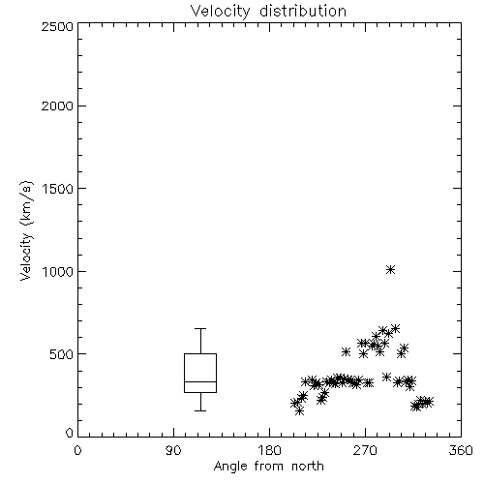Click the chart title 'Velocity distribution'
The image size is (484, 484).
click(x=268, y=12)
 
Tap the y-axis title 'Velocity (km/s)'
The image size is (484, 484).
click(x=26, y=230)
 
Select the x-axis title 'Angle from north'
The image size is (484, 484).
click(x=268, y=466)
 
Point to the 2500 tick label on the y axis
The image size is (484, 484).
click(x=57, y=26)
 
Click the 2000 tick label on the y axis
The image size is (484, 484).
click(x=57, y=106)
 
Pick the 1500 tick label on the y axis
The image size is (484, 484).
click(x=58, y=189)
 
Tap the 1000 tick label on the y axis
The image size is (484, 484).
click(x=58, y=271)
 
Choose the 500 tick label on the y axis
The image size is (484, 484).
click(x=62, y=354)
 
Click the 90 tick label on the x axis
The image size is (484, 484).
click(x=173, y=450)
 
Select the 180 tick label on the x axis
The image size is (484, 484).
click(x=269, y=450)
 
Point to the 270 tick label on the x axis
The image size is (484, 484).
click(x=365, y=450)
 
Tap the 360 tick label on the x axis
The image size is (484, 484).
click(x=461, y=450)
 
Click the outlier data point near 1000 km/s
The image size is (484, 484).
click(x=391, y=269)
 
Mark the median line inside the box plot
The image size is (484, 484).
click(x=200, y=381)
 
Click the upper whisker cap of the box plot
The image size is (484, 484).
click(x=200, y=328)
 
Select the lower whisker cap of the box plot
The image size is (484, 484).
click(x=200, y=410)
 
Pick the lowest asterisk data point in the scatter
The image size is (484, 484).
click(x=299, y=410)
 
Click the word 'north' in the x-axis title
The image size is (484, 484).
click(x=308, y=466)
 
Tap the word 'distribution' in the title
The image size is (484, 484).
click(x=303, y=11)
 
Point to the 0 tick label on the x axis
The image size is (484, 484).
click(x=77, y=450)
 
